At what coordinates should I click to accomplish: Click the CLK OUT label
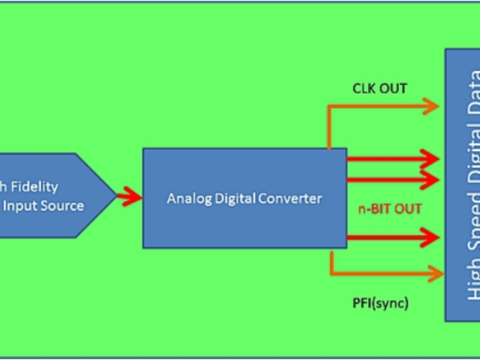(x=379, y=89)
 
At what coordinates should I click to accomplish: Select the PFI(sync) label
(x=380, y=304)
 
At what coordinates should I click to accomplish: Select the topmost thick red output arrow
(x=393, y=159)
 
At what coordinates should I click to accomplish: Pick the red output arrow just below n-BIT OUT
(x=393, y=238)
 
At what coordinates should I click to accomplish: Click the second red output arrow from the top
(x=393, y=179)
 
